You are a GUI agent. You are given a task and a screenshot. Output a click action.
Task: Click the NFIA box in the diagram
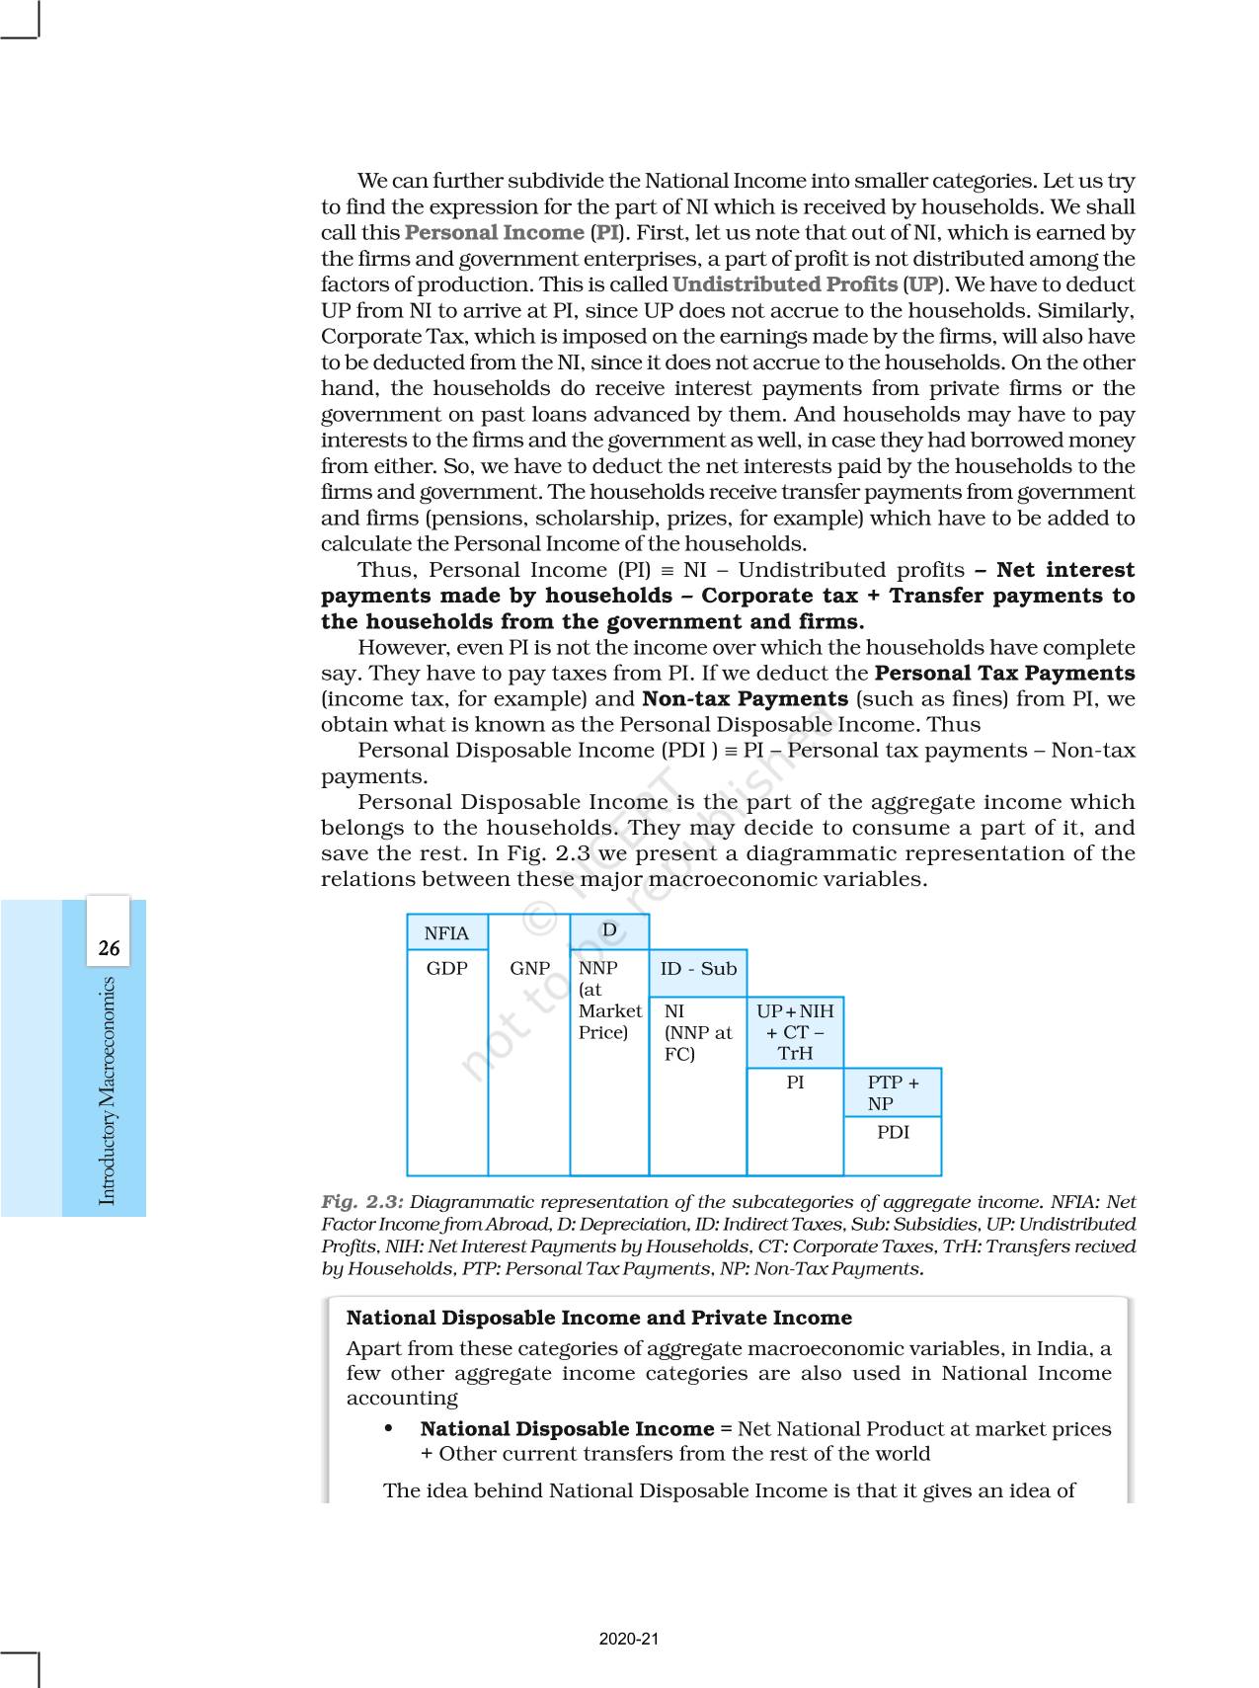(x=446, y=933)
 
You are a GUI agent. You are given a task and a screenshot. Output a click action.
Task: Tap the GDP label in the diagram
(x=446, y=969)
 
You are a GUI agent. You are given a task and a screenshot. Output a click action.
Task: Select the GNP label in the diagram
(x=529, y=969)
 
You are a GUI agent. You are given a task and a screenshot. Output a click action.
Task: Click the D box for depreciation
(x=609, y=930)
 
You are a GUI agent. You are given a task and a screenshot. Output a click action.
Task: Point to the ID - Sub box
(x=698, y=969)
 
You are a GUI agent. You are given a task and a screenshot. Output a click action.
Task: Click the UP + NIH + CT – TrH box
(x=795, y=1032)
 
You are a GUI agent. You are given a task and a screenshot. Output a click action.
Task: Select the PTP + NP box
(x=893, y=1093)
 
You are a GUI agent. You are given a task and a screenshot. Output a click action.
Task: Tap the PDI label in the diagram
(x=893, y=1133)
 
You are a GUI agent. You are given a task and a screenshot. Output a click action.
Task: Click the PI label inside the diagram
(x=795, y=1084)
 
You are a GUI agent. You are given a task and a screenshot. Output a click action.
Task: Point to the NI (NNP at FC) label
(x=697, y=1032)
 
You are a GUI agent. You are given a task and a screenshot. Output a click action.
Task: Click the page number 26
(x=109, y=949)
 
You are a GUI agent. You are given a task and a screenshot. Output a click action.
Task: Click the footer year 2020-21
(x=629, y=1640)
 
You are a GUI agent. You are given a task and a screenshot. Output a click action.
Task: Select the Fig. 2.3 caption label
(x=362, y=1202)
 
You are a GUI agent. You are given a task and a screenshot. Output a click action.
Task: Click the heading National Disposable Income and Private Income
(x=598, y=1318)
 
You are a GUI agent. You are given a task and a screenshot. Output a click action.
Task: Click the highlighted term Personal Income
(x=494, y=233)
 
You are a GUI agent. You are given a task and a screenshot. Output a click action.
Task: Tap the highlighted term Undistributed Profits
(x=785, y=284)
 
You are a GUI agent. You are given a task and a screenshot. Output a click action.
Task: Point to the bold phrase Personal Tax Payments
(x=1004, y=674)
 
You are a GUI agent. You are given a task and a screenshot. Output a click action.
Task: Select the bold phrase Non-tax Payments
(x=745, y=699)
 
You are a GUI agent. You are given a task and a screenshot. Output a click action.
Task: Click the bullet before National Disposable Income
(x=389, y=1429)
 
